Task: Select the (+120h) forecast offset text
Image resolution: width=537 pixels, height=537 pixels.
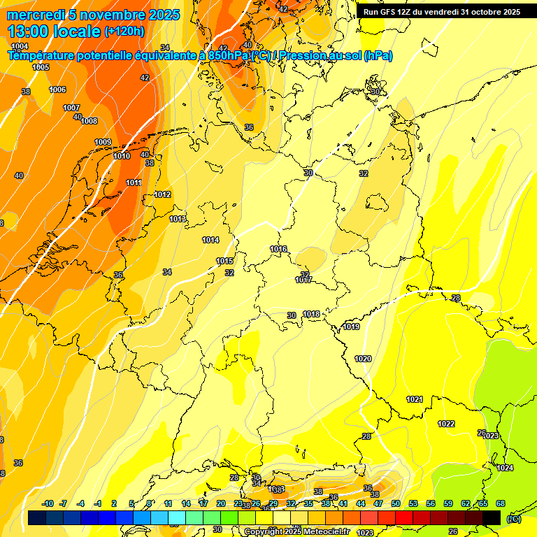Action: point(124,31)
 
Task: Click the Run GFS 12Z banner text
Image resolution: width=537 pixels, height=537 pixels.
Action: point(441,12)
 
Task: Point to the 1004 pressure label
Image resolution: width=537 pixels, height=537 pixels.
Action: point(20,46)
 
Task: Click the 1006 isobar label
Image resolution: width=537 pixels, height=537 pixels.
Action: point(57,89)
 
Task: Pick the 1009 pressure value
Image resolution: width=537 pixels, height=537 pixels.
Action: point(103,142)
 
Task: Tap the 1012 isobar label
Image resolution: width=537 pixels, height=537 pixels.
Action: point(162,194)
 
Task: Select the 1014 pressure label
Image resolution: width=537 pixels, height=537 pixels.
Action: point(210,240)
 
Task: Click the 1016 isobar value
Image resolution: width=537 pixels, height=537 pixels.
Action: point(278,249)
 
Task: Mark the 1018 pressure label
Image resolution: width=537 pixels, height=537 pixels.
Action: point(311,314)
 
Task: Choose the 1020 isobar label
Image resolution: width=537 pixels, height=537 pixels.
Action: point(363,359)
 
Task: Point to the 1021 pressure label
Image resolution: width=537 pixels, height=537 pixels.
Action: point(415,399)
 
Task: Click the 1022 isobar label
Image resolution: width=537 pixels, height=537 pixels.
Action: point(446,424)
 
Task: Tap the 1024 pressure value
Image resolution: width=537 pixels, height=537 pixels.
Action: point(505,468)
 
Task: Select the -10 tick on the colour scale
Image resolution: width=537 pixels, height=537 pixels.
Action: point(48,503)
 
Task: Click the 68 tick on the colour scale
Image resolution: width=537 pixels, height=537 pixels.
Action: point(501,503)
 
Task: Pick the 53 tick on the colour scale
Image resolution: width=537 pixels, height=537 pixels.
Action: point(413,503)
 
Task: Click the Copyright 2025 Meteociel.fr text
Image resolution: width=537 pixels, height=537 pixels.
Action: point(296,531)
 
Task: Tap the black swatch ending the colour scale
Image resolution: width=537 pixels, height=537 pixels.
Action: point(492,517)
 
